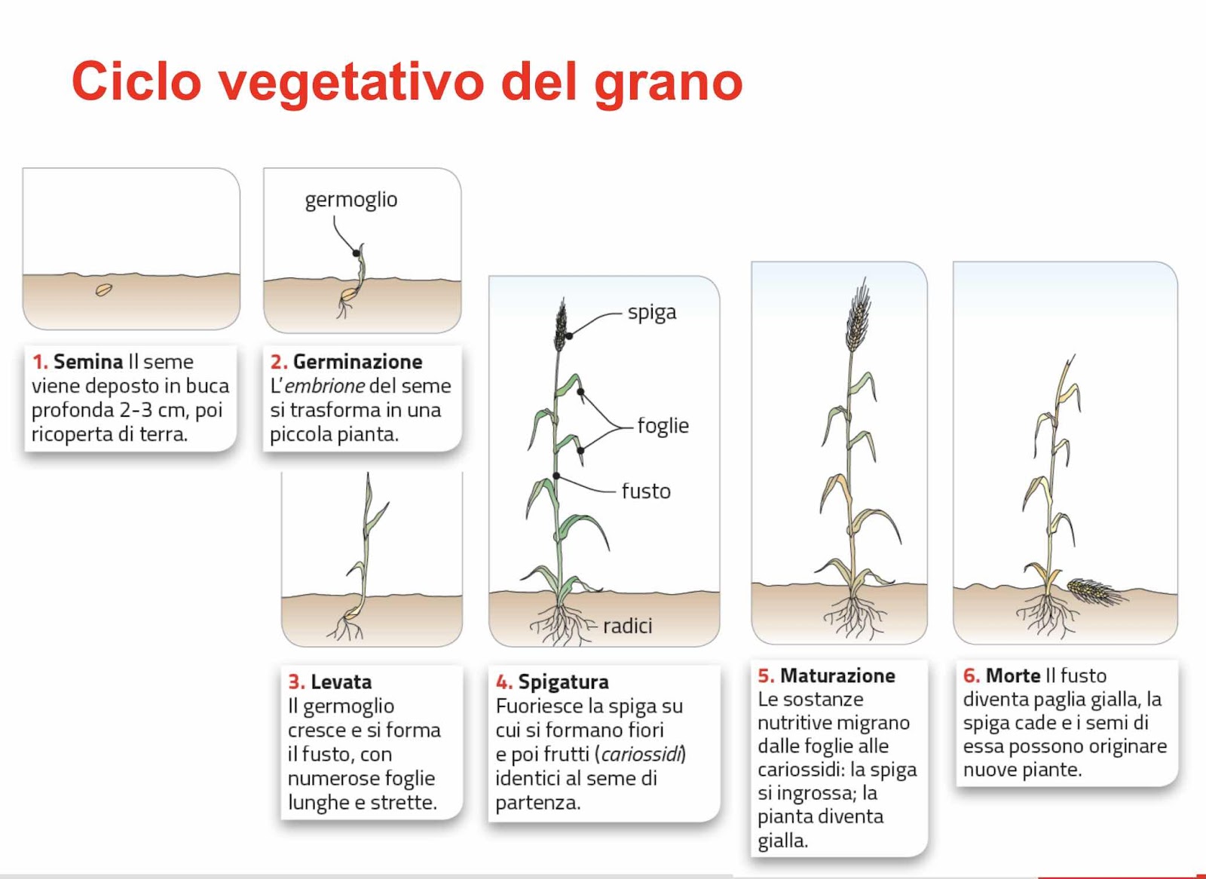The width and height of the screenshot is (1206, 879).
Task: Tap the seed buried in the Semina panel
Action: (x=104, y=289)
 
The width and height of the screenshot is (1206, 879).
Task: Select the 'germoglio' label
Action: (x=351, y=201)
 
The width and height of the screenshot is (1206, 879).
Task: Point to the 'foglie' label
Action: (x=663, y=425)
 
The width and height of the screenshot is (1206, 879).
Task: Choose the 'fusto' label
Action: (x=646, y=492)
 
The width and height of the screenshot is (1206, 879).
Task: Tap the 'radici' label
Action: (x=627, y=626)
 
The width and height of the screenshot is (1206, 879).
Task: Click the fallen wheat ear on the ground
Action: (x=1092, y=591)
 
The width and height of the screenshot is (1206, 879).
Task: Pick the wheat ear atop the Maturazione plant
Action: (x=859, y=315)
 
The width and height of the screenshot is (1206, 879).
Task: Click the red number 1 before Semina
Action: (x=40, y=362)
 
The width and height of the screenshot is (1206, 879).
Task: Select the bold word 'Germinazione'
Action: (x=357, y=362)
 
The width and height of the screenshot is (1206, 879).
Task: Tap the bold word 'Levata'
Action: (x=341, y=682)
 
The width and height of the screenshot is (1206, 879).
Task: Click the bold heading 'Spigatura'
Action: (x=563, y=682)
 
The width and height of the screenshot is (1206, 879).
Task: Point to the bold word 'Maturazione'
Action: (x=837, y=675)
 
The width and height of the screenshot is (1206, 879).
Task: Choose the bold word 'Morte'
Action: (x=1013, y=675)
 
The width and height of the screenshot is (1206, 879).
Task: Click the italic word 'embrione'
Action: (x=325, y=386)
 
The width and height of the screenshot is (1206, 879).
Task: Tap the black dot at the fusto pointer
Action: (x=556, y=476)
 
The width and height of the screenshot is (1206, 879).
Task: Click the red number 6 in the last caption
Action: (x=971, y=675)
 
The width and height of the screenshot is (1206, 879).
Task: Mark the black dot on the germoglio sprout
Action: (x=356, y=253)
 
